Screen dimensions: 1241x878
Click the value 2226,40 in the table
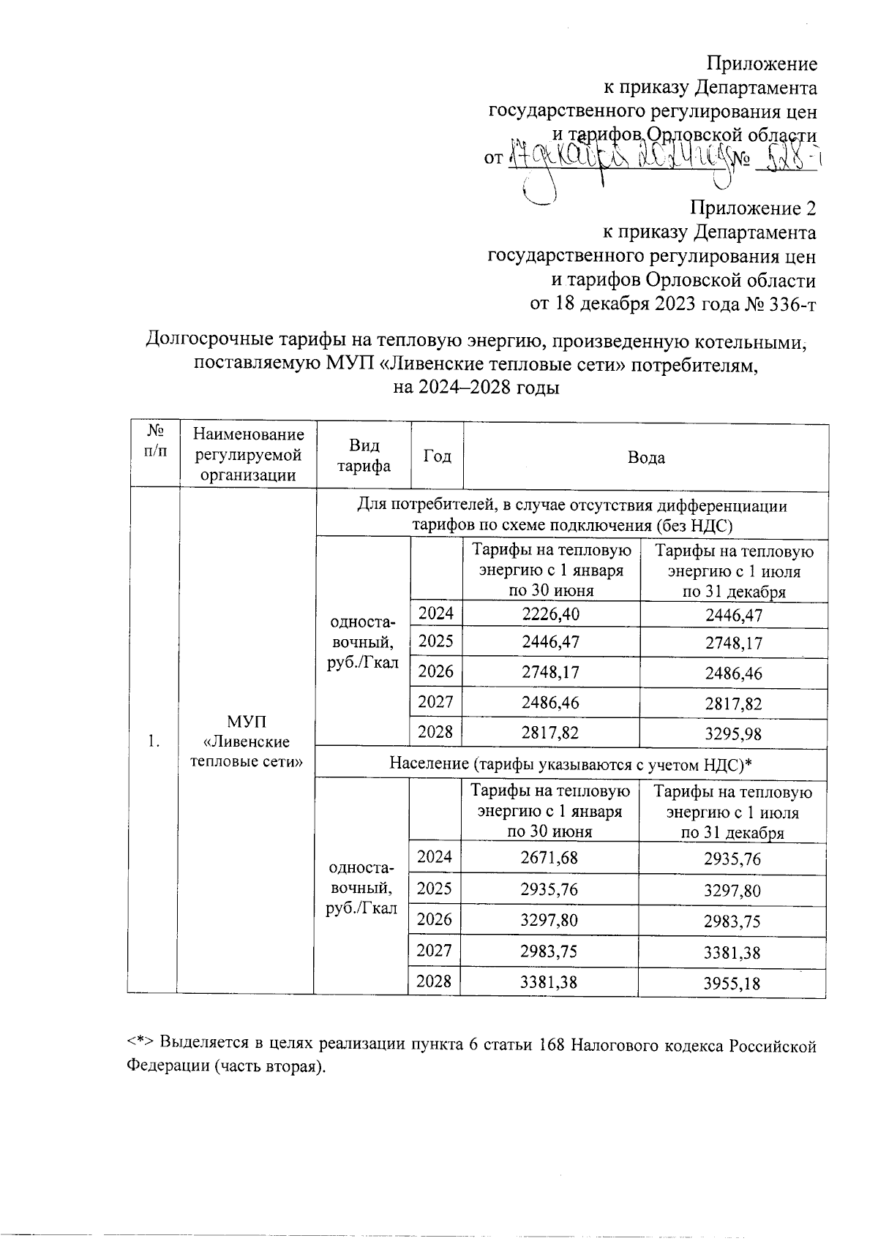tap(550, 614)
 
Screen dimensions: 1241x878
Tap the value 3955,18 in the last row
tap(732, 983)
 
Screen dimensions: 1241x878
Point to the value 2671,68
tap(549, 857)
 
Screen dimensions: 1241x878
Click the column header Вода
tap(646, 458)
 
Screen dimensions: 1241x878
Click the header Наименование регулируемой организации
tap(248, 455)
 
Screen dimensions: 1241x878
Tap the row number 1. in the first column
tap(152, 742)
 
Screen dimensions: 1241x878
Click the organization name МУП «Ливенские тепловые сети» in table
tap(247, 742)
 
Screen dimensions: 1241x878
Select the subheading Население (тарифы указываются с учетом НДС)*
tap(571, 764)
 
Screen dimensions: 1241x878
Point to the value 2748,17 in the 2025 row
tap(733, 644)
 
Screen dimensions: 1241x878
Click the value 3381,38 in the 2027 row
tap(732, 952)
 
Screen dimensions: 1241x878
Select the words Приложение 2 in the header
tap(754, 208)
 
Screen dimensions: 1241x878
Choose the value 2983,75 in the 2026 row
tap(732, 921)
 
